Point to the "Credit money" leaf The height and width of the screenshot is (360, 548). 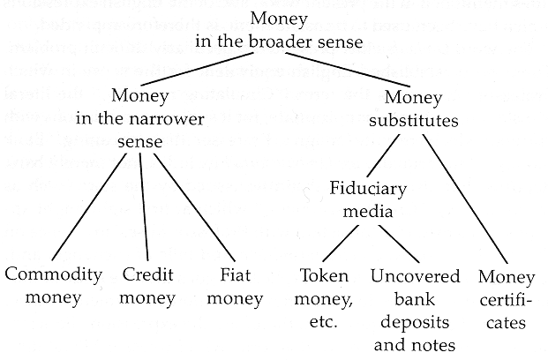147,285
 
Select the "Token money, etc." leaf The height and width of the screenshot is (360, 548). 325,297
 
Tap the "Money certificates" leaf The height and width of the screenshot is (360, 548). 506,298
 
